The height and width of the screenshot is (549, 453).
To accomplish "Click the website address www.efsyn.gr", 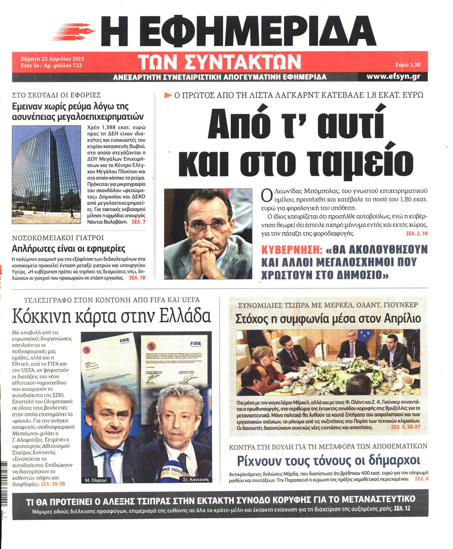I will click(393, 76).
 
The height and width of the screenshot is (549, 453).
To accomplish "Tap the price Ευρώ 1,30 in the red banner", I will click(408, 65).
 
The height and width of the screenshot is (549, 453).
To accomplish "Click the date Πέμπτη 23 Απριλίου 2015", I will click(52, 59).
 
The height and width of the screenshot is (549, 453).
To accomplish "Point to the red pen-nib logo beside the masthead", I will click(74, 31).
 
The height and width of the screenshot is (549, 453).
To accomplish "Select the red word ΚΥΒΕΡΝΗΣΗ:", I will click(292, 250).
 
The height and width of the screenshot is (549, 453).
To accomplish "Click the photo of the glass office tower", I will click(46, 175).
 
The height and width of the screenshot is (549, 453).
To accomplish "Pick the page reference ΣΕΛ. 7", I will click(139, 222).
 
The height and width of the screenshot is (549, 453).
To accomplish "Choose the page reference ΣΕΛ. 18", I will click(137, 278).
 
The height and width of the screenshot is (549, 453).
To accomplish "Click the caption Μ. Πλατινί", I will click(96, 480).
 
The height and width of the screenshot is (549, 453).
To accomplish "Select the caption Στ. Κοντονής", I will click(196, 479).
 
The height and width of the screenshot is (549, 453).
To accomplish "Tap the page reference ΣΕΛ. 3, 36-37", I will click(405, 427).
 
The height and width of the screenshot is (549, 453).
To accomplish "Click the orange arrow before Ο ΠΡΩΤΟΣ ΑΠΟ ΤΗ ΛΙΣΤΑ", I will click(168, 95).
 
